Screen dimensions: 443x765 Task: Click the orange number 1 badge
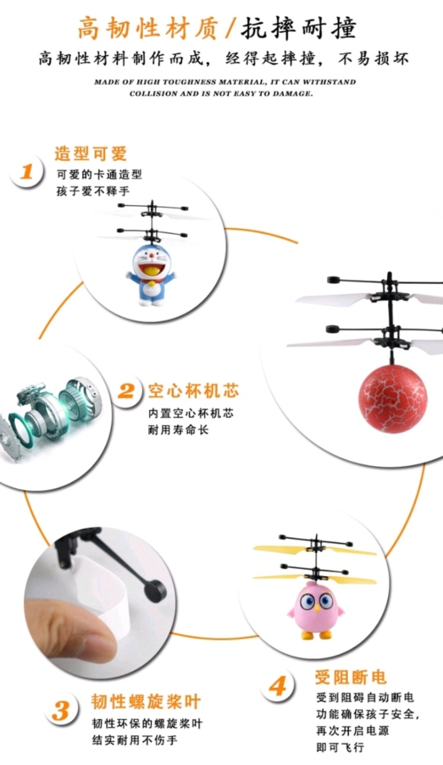click(x=27, y=171)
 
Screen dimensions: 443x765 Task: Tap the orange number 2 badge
click(x=126, y=391)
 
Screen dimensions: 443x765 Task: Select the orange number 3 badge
click(x=62, y=710)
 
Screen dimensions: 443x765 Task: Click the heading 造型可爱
click(x=91, y=154)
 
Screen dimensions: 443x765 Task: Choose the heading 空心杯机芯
click(x=193, y=391)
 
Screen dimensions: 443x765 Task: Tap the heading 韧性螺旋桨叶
click(x=146, y=702)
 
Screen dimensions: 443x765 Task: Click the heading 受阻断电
click(x=351, y=677)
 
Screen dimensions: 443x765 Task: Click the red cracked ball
click(x=392, y=399)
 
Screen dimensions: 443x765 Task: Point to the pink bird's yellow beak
click(x=317, y=608)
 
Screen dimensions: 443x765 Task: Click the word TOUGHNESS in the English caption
click(x=189, y=82)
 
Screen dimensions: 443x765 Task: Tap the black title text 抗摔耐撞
click(x=299, y=29)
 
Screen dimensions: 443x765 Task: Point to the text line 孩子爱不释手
click(x=93, y=191)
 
